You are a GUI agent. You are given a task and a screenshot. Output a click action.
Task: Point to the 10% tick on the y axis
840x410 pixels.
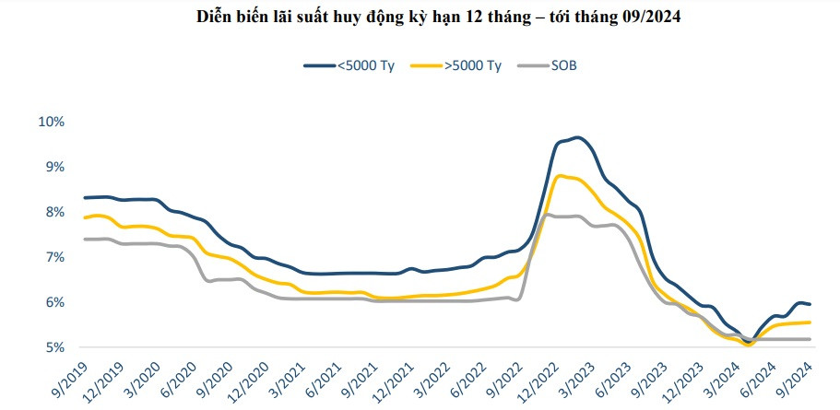click(x=50, y=122)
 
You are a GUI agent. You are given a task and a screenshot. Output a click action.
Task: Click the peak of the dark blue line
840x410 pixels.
click(x=577, y=137)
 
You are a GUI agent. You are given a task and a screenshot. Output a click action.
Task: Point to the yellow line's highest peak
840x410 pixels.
click(x=561, y=175)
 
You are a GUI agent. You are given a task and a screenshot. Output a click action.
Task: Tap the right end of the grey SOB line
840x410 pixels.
click(x=810, y=339)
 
